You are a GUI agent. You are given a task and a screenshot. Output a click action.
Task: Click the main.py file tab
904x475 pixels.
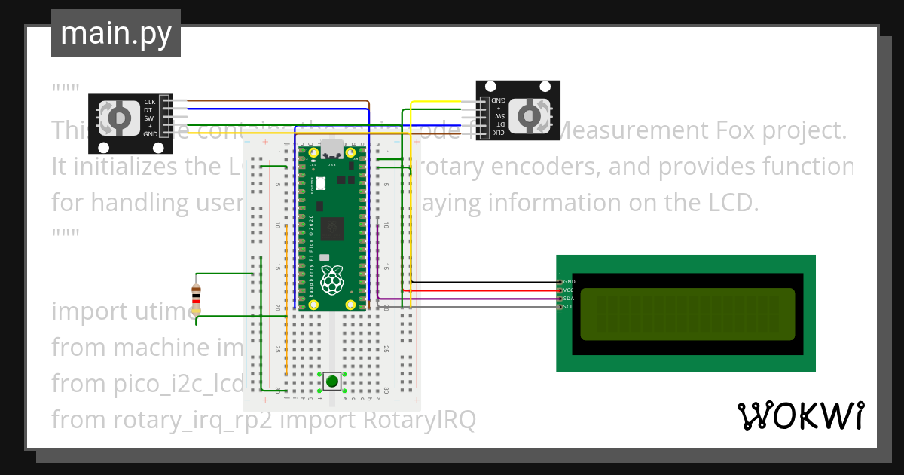point(115,33)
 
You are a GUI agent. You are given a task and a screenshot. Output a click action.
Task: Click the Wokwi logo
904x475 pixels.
point(800,415)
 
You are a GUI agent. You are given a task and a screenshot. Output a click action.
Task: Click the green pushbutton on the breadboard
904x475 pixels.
point(332,381)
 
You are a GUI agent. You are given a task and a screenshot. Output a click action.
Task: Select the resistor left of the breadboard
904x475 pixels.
point(196,299)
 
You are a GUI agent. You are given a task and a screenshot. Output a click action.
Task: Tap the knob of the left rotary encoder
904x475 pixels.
point(118,118)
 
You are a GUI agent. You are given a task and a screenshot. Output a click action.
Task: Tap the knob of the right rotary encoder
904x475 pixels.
point(531,115)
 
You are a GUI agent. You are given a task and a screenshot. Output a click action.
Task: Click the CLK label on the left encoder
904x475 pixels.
point(150,102)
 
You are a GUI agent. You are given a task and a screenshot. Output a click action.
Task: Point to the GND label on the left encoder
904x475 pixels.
point(150,134)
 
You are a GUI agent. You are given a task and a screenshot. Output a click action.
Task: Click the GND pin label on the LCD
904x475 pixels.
point(569,281)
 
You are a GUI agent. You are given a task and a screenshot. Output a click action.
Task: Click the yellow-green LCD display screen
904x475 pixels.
point(687,314)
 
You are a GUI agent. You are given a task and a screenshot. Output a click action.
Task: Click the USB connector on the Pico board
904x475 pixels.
point(331,150)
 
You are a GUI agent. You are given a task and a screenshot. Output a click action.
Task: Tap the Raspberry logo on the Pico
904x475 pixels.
point(332,280)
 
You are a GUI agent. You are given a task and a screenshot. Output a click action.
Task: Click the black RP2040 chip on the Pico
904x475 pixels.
point(331,228)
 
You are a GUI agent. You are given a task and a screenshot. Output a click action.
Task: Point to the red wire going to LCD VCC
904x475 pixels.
point(482,290)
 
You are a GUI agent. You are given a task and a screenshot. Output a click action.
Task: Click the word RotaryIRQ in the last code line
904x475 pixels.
point(419,419)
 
